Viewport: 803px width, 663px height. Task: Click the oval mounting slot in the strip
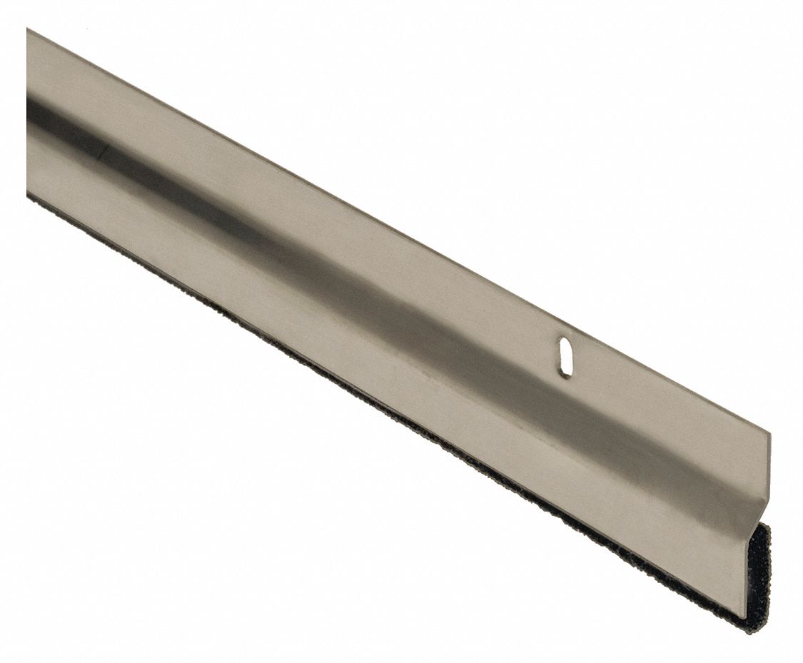point(564,358)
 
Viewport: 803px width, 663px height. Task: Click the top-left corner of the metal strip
point(27,29)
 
